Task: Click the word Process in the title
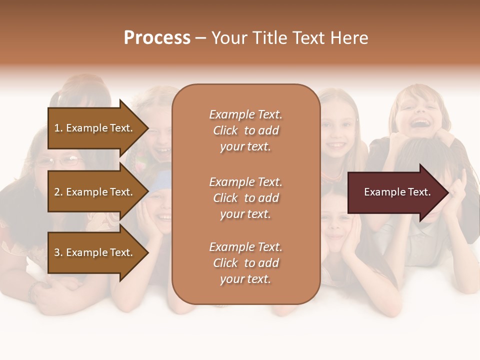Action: coord(157,38)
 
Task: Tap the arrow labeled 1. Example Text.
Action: coord(95,128)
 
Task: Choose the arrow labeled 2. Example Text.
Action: coord(95,192)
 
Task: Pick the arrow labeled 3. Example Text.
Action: coord(95,252)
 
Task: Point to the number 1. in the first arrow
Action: coord(58,128)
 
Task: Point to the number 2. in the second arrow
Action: coord(58,192)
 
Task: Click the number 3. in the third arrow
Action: coord(58,252)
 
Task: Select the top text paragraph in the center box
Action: coord(245,130)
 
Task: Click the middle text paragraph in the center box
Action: coord(245,198)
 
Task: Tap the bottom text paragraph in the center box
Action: coord(245,263)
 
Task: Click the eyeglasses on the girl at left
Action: coord(59,161)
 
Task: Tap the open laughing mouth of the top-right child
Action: coord(421,122)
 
